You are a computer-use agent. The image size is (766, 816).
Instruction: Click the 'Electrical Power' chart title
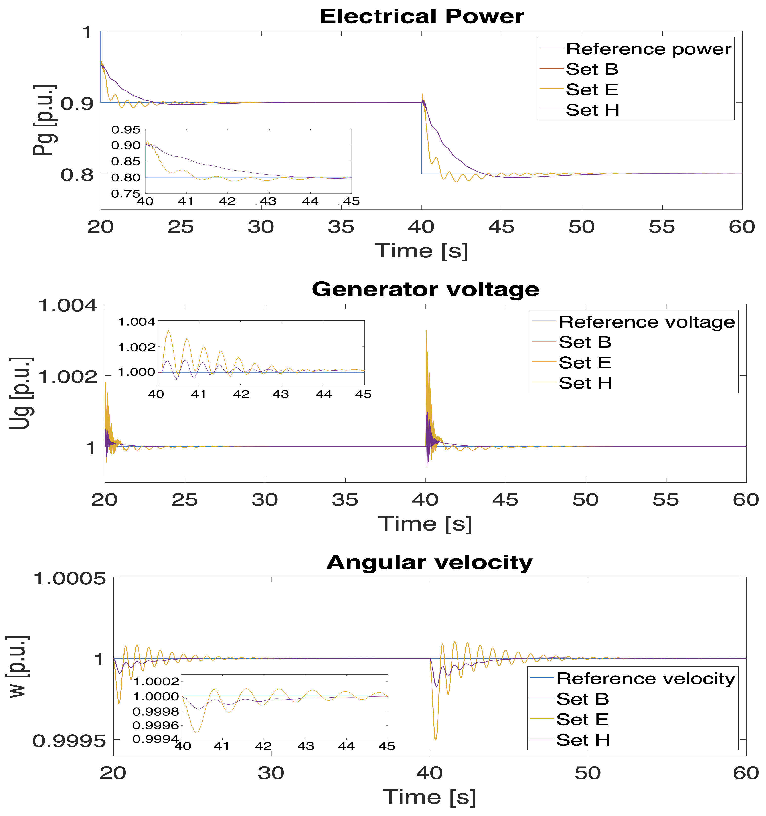click(421, 17)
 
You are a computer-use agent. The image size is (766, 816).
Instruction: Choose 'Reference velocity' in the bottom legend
click(645, 679)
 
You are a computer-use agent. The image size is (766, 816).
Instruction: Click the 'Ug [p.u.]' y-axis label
click(20, 393)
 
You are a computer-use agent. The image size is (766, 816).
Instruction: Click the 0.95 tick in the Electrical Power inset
click(126, 130)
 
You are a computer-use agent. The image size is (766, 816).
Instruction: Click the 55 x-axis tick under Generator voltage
click(666, 500)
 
